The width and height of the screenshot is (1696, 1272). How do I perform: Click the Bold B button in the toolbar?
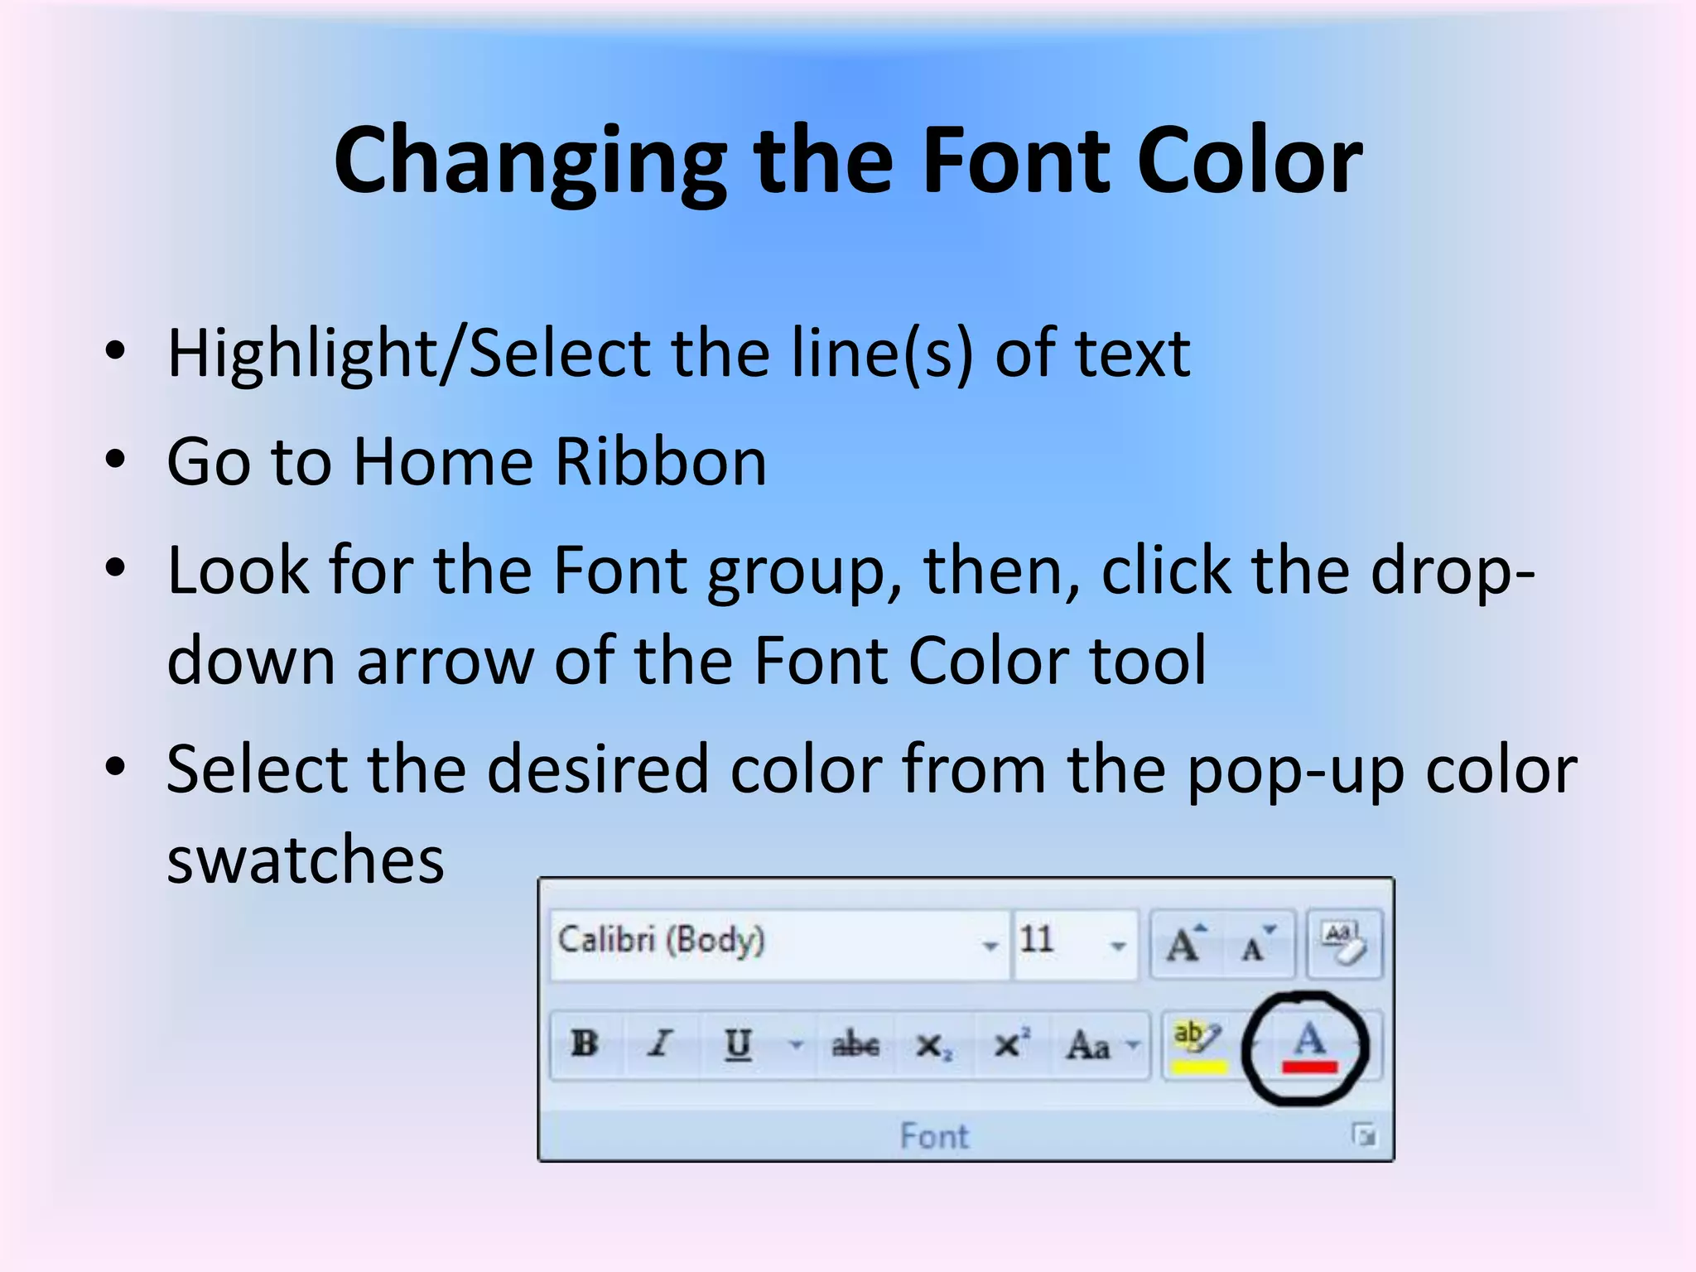[x=585, y=1043]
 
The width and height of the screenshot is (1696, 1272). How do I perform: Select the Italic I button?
[x=660, y=1043]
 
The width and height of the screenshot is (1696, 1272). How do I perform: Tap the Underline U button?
[x=737, y=1043]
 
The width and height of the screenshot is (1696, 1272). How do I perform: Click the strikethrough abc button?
[x=855, y=1045]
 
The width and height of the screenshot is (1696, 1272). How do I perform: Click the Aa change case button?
[x=1088, y=1045]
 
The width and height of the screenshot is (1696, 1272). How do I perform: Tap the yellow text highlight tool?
[x=1197, y=1045]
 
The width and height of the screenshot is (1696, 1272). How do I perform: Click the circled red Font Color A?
[x=1309, y=1047]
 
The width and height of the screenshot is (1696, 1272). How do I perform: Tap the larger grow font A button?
[x=1185, y=944]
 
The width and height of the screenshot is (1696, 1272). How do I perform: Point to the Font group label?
[x=934, y=1136]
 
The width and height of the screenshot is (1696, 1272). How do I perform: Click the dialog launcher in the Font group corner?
[x=1364, y=1135]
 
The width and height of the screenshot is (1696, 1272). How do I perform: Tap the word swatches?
[x=306, y=859]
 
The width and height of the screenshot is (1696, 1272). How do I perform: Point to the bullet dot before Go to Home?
[x=115, y=460]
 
